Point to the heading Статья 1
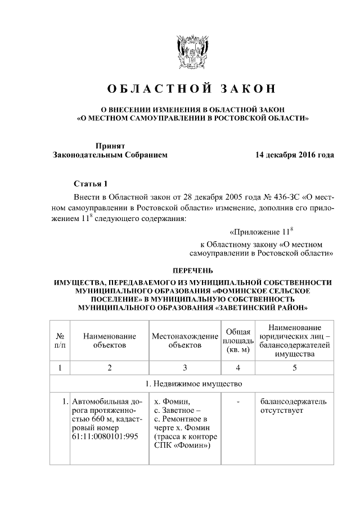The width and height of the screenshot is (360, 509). click(x=90, y=184)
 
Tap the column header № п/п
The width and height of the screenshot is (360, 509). click(x=59, y=340)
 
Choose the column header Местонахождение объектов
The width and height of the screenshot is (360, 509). click(x=185, y=340)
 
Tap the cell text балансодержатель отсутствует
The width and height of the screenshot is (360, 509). click(x=293, y=407)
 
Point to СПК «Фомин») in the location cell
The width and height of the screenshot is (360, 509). click(x=182, y=446)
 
